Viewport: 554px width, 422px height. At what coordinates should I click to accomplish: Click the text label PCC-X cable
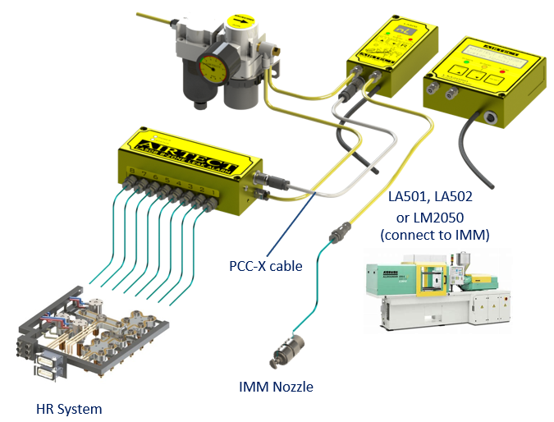[265, 266]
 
